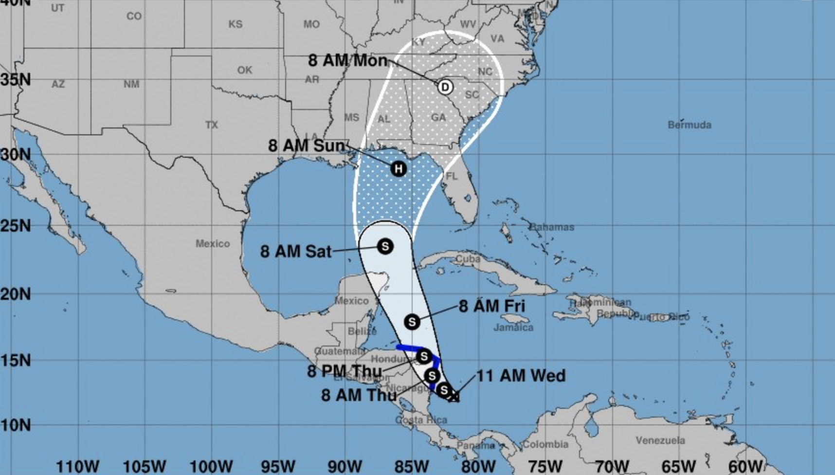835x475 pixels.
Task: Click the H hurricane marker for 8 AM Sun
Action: [399, 169]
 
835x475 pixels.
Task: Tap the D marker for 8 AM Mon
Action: [445, 87]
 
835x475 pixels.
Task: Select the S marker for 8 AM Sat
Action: [385, 246]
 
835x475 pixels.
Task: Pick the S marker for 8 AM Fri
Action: [412, 322]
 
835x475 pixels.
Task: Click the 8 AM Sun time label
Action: [307, 146]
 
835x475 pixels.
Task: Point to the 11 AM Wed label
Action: [521, 376]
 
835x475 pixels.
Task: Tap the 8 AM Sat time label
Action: [295, 252]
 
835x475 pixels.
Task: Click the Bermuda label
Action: [689, 125]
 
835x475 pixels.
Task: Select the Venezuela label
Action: [660, 440]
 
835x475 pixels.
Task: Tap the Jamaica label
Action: [513, 328]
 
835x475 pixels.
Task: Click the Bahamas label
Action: [551, 227]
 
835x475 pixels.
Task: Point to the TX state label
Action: [212, 125]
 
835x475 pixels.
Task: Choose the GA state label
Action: [438, 117]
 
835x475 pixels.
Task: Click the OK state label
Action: [245, 70]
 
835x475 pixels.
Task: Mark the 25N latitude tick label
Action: [16, 226]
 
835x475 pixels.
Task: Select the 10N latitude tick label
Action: [16, 425]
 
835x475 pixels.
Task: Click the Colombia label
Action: [545, 444]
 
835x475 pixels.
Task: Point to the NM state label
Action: [131, 84]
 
